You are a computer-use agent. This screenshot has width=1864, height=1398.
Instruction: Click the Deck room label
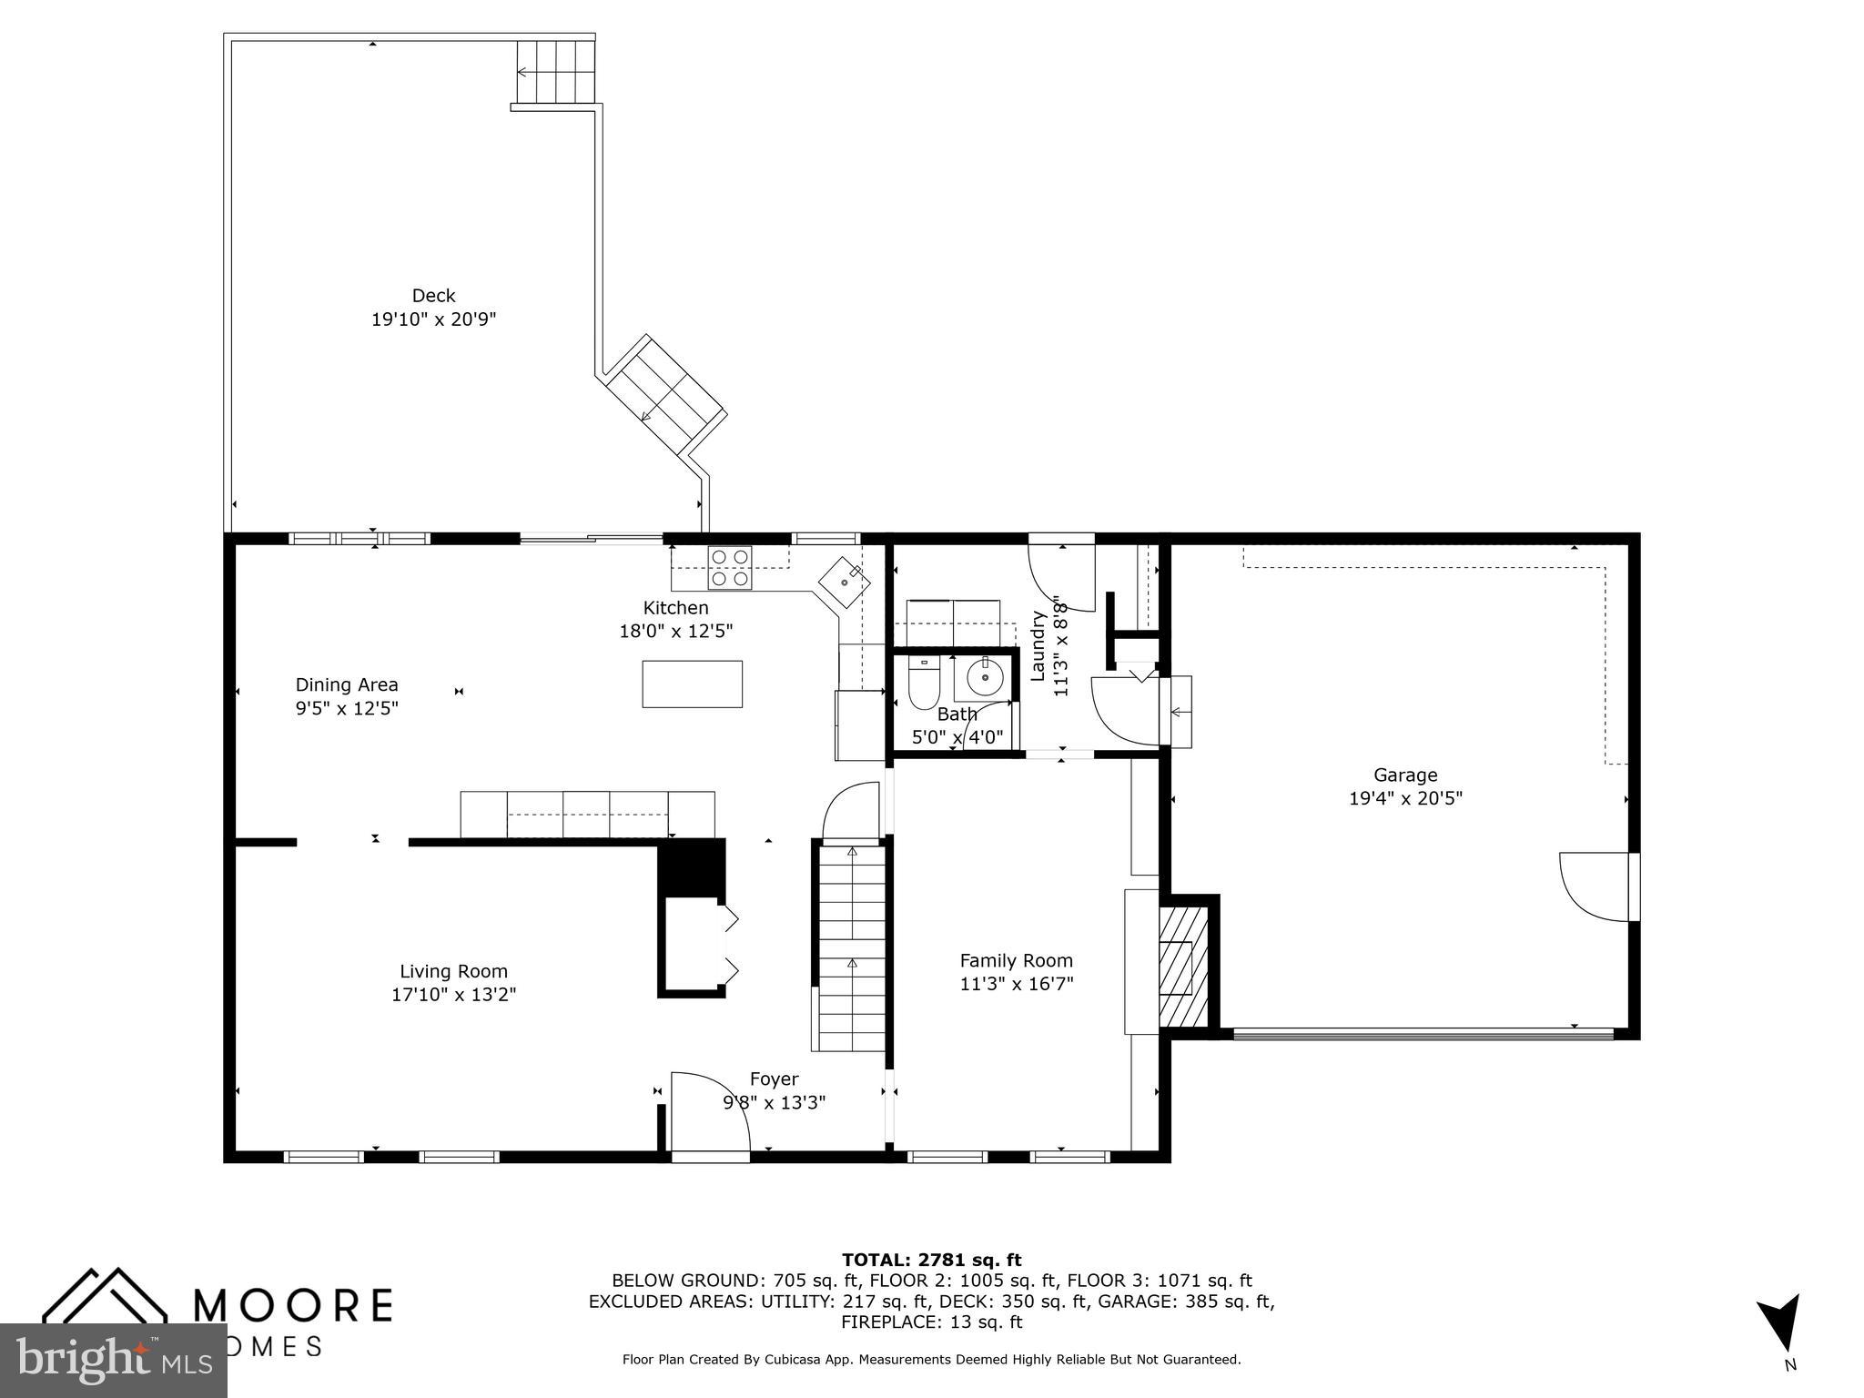(433, 296)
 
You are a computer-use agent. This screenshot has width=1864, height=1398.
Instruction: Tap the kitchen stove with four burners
(731, 567)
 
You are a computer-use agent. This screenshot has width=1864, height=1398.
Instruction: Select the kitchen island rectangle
(692, 684)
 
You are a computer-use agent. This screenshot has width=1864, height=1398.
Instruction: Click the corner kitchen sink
(844, 581)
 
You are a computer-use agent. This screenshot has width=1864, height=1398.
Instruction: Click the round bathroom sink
(985, 677)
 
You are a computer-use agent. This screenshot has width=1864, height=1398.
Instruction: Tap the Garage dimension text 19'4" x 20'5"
(1405, 799)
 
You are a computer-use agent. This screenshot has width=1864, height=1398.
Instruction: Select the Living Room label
(453, 971)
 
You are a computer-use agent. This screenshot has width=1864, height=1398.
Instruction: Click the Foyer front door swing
(710, 1112)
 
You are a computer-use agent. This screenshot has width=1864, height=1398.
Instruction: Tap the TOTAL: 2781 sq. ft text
(931, 1260)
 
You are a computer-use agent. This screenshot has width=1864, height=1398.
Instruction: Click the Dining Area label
(347, 684)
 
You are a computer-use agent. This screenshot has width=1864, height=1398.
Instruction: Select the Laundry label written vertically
(1038, 645)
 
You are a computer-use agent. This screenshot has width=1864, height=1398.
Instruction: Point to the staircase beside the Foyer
(852, 947)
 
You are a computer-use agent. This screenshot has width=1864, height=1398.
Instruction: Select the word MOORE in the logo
(293, 1305)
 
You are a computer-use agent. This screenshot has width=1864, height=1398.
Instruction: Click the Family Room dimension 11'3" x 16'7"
(1017, 984)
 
